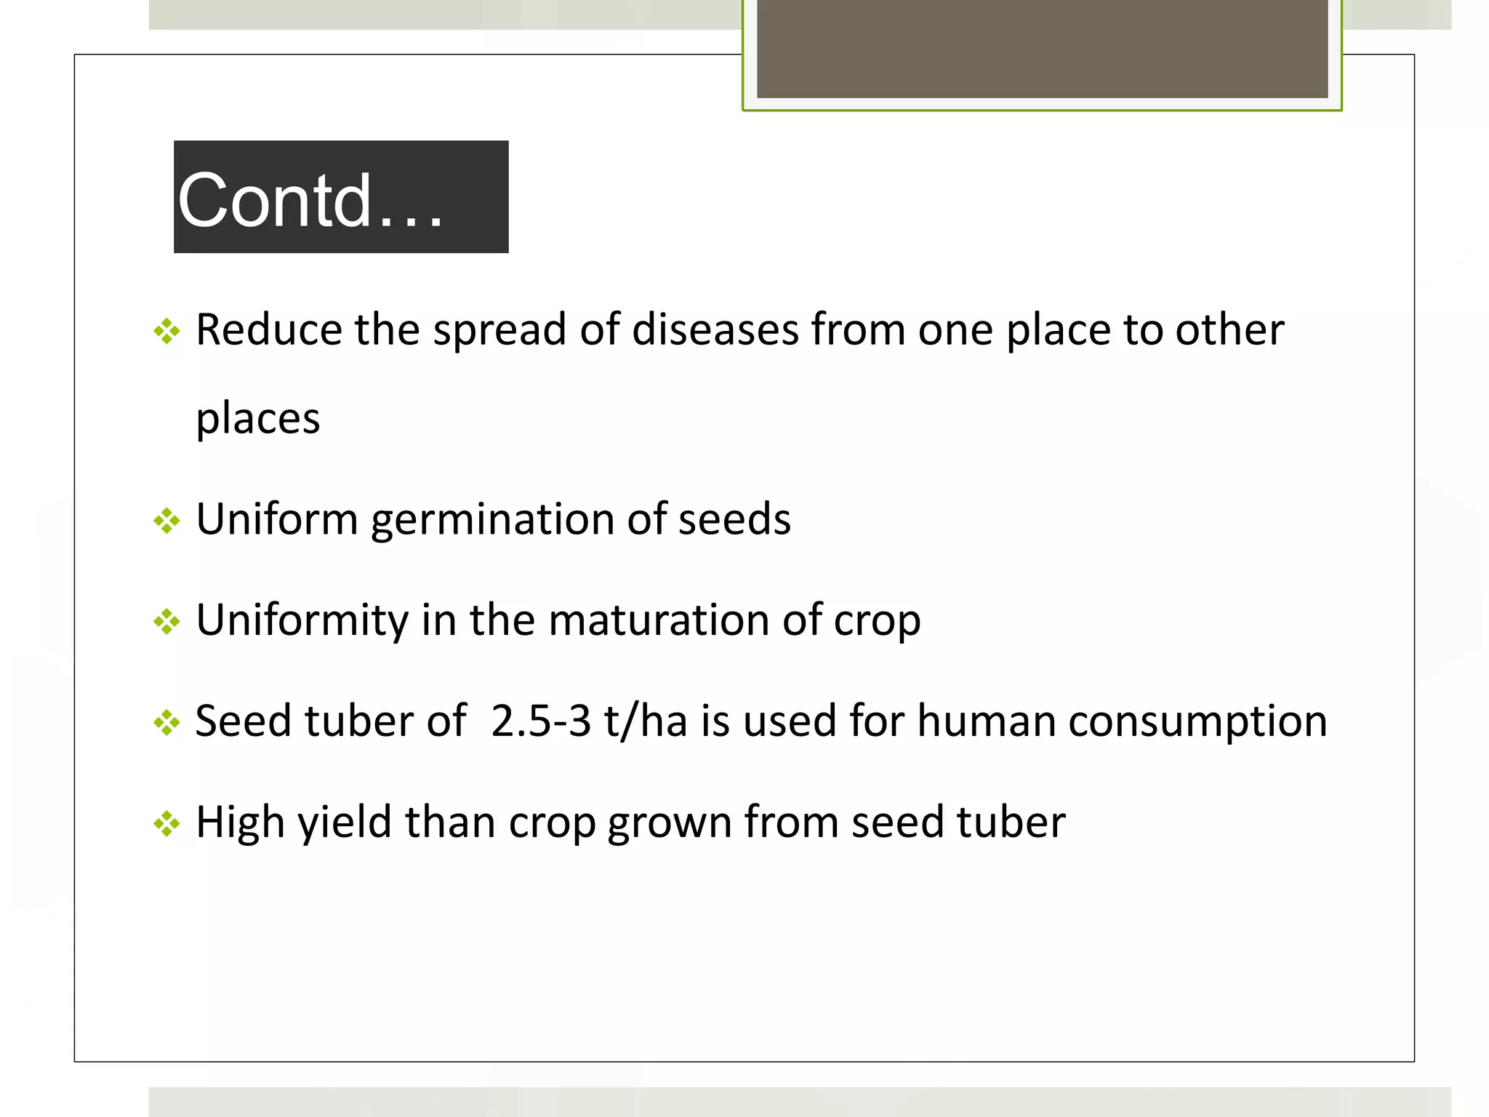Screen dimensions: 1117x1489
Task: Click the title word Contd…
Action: coord(310,200)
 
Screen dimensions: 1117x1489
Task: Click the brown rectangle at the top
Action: coord(1042,48)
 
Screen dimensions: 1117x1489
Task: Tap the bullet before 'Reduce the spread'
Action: coord(166,332)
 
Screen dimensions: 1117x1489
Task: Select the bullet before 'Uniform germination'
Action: coord(166,521)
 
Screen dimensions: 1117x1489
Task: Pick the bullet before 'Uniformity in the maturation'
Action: coord(166,622)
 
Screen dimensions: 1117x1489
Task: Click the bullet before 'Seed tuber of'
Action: coord(166,723)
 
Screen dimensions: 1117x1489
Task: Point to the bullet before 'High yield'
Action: coord(166,824)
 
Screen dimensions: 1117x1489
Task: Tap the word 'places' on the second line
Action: coord(258,419)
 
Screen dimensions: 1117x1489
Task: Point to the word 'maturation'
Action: coord(659,620)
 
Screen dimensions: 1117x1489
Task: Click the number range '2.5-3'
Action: coord(540,721)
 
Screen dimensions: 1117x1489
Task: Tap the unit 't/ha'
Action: coord(646,721)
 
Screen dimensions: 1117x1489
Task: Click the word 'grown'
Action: coord(670,822)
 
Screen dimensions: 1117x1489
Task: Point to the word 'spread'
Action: coord(499,331)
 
